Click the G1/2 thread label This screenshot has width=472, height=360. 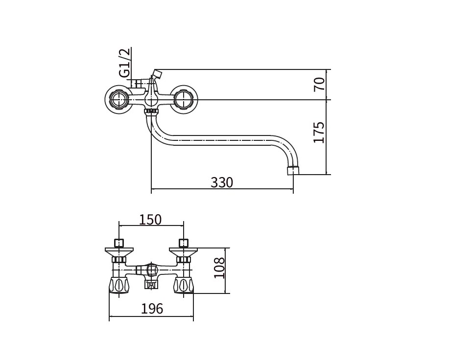point(125,63)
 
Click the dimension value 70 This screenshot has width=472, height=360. point(319,84)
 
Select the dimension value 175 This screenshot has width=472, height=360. point(319,133)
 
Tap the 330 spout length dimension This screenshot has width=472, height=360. point(222,182)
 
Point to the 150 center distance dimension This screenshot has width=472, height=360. point(150,220)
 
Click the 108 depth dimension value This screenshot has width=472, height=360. point(219,268)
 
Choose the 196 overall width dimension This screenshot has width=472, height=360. point(152,309)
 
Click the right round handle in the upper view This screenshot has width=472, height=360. point(184,100)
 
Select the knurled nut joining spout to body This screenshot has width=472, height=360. point(151,112)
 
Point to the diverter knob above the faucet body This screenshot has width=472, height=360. point(157,74)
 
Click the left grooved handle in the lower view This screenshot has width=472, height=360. point(119,285)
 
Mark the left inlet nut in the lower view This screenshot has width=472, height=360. point(119,243)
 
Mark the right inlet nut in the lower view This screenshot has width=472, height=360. point(184,243)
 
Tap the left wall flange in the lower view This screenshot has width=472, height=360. point(119,252)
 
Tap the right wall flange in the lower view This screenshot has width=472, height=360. point(184,252)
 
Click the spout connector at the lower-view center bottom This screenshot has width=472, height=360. point(151,284)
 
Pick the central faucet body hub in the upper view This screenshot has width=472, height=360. point(151,100)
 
